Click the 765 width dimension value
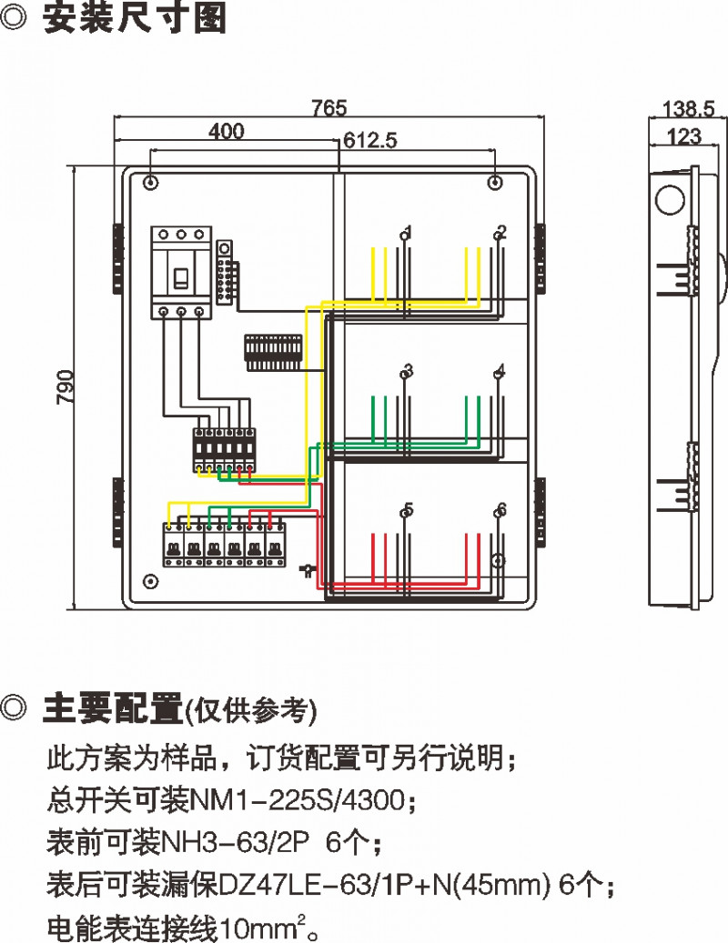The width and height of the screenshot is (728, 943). (x=329, y=108)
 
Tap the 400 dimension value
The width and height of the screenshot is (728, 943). (x=226, y=132)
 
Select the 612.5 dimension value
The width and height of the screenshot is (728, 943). (x=370, y=140)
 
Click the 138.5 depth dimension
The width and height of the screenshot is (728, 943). (x=688, y=109)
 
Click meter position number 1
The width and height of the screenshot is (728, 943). (x=408, y=231)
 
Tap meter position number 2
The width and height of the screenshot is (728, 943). (x=501, y=231)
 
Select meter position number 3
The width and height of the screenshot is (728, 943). (x=408, y=370)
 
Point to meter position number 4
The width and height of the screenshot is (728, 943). (x=501, y=370)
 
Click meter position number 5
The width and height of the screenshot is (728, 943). (x=408, y=509)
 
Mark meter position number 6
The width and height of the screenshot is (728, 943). (x=501, y=509)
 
